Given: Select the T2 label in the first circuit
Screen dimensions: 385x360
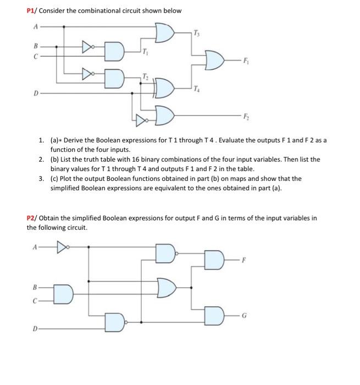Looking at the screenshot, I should coord(145,75).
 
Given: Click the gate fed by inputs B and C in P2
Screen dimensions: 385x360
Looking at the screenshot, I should coord(63,294).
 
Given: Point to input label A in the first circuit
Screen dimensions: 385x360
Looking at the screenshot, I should coord(36,26).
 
